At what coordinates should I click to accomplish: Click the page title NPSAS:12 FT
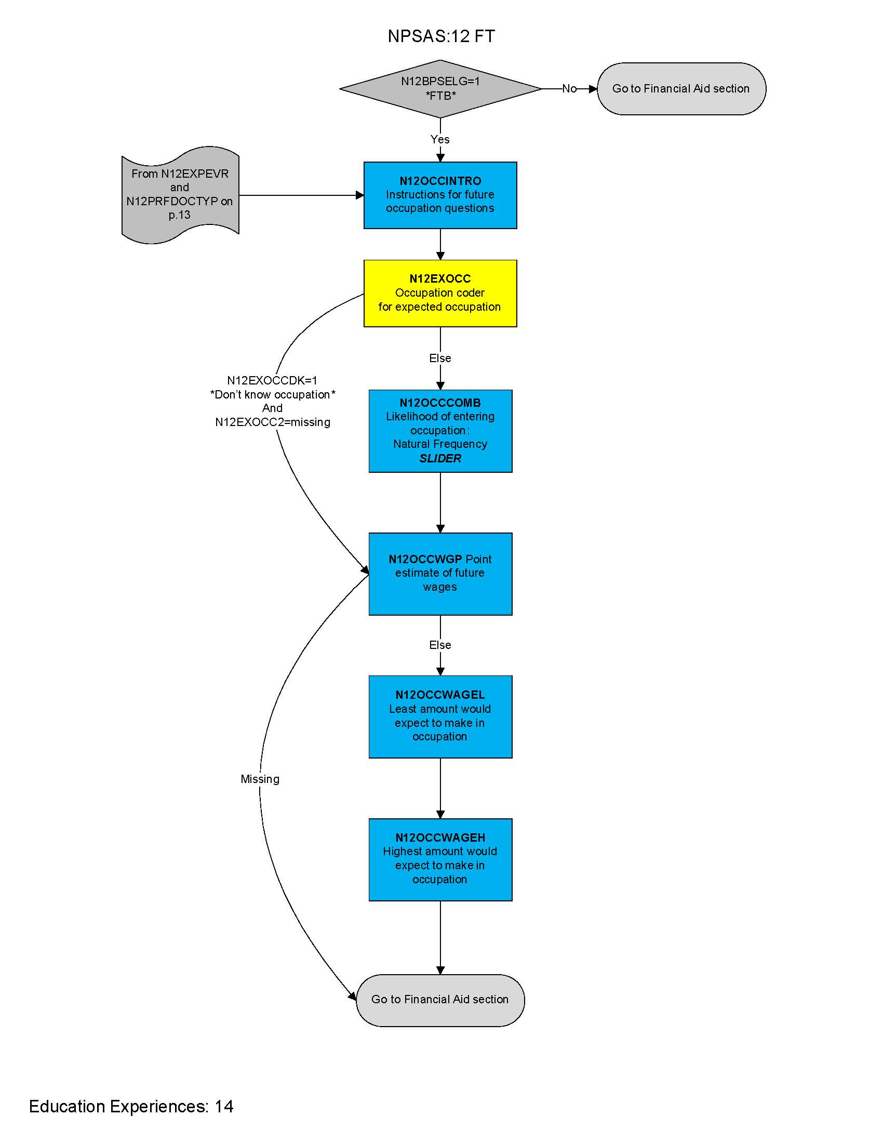point(441,36)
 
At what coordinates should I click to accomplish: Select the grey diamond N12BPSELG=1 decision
point(440,88)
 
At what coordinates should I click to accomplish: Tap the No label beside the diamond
point(569,88)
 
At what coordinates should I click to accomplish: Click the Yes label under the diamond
point(440,139)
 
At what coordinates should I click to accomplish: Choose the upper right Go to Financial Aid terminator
point(681,88)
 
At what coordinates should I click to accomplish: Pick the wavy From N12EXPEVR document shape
point(180,195)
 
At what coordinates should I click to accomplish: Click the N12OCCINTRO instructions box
point(440,195)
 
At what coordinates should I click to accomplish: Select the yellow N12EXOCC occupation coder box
point(440,293)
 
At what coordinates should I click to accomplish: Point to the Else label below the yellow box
point(440,358)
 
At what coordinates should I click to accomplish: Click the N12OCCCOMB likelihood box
point(440,430)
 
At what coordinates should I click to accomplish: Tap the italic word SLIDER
point(440,458)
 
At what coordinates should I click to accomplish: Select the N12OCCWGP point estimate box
point(440,574)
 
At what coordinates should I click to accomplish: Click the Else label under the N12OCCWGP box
point(440,645)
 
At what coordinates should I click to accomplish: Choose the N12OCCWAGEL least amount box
point(440,716)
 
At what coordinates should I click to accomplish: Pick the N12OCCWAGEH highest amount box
point(440,859)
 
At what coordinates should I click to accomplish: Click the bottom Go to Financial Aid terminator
point(440,1000)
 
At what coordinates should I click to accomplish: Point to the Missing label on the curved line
point(260,779)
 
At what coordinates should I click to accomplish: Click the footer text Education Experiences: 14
point(131,1106)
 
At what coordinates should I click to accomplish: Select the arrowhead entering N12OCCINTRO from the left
point(360,195)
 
